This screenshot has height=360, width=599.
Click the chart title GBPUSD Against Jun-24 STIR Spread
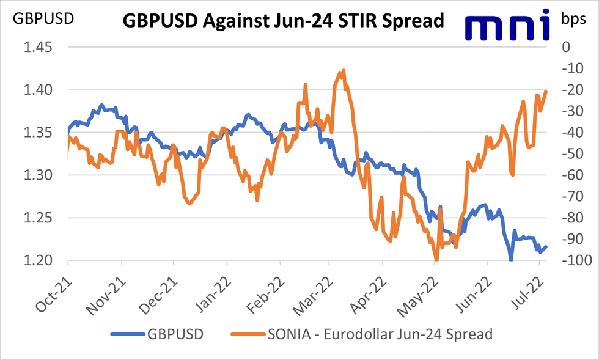pos(283,21)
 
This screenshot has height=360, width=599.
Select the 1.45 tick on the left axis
pos(39,47)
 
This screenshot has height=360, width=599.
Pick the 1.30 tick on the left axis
pos(39,175)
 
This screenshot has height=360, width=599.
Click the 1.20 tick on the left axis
pos(39,261)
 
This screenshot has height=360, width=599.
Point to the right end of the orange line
pos(546,92)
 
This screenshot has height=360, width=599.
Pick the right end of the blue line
pos(546,247)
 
